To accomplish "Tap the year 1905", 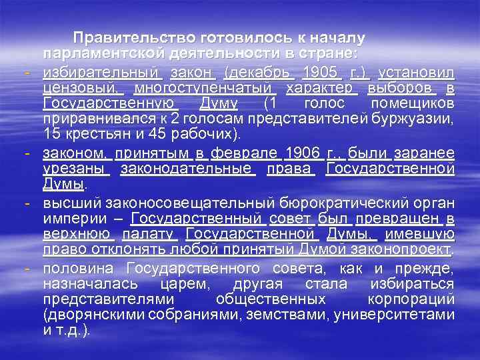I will [x=320, y=72].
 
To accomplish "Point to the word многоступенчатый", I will [x=204, y=88].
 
